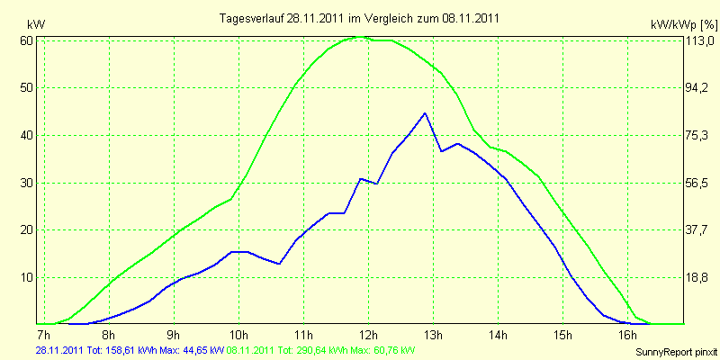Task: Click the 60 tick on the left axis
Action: coord(27,40)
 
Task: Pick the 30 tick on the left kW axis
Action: coord(27,183)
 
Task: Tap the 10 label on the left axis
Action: coord(27,277)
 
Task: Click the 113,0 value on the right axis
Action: coord(701,40)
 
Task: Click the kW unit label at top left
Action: coord(36,24)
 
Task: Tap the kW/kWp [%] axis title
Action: coord(683,24)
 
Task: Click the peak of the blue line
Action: coord(425,113)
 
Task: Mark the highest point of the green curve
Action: coord(361,37)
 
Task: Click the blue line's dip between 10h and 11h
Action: coord(279,264)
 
